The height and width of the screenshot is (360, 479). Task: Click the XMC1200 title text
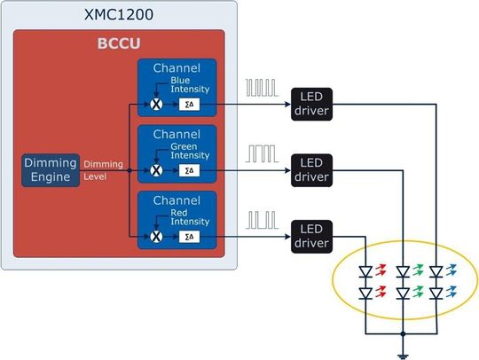[118, 14]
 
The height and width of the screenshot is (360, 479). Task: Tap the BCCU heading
[118, 43]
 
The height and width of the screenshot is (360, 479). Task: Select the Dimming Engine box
[50, 169]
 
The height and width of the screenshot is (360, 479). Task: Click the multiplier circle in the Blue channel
[157, 104]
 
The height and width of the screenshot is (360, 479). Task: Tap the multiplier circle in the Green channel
[157, 169]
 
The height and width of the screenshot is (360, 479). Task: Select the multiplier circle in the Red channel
[157, 236]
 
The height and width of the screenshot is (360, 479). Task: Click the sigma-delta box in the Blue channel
[188, 104]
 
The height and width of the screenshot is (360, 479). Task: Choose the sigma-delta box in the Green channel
[188, 169]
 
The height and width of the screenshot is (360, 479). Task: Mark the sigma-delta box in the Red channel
[188, 236]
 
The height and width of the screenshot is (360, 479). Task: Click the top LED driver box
[311, 104]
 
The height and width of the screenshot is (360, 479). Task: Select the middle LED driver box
[311, 169]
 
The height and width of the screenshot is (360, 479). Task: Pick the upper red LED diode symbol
[366, 270]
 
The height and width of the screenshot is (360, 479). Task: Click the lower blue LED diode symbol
[436, 292]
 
